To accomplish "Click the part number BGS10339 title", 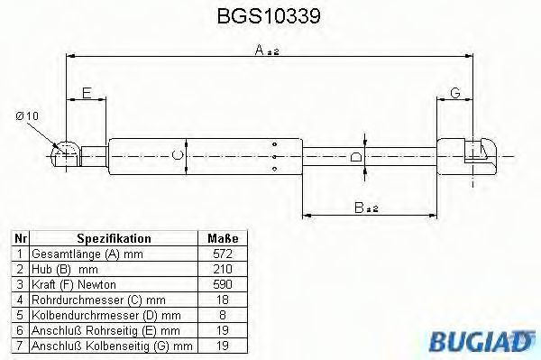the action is [269, 16].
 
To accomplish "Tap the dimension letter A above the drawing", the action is [260, 50].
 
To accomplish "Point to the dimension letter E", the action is [87, 93].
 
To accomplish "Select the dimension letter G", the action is [455, 93].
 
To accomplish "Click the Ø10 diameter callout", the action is [27, 116].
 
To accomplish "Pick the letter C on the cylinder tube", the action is [178, 156].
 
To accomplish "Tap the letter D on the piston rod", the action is [356, 157].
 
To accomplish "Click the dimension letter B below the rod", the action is [359, 208].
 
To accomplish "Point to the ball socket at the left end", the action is [65, 154].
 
